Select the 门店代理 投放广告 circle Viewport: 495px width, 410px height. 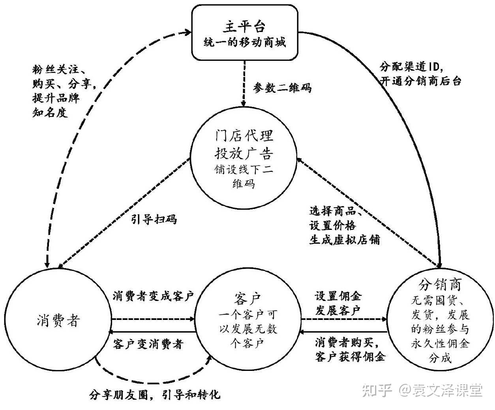coord(244,160)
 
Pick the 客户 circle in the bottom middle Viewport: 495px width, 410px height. coord(247,321)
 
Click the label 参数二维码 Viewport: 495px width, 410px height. coord(283,88)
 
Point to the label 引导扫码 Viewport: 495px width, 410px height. coord(154,219)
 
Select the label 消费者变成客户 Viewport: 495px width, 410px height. coord(154,296)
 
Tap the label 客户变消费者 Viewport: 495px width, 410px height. coord(148,344)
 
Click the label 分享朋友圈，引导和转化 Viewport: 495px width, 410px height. coord(155,394)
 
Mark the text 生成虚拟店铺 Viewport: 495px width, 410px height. coord(344,240)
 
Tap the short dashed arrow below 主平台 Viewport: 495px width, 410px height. coord(245,83)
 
